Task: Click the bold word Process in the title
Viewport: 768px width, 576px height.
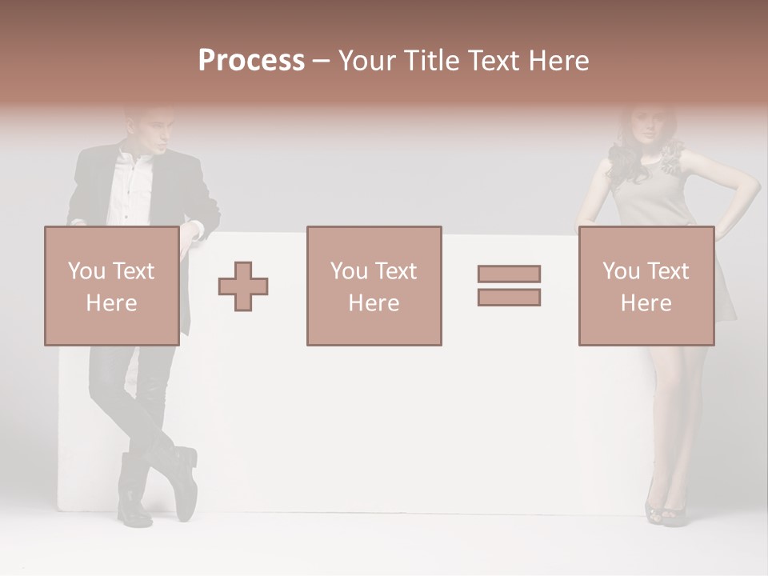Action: pyautogui.click(x=251, y=60)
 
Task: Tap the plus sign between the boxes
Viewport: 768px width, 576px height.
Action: pyautogui.click(x=243, y=286)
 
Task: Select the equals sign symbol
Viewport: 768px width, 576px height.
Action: pyautogui.click(x=509, y=286)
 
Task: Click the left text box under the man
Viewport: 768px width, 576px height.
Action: pyautogui.click(x=111, y=286)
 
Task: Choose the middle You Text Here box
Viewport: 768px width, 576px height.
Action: pyautogui.click(x=374, y=286)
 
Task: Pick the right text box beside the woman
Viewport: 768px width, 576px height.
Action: pyautogui.click(x=646, y=286)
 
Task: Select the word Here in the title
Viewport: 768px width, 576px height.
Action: pyautogui.click(x=559, y=60)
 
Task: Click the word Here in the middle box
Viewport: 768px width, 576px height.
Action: pyautogui.click(x=374, y=303)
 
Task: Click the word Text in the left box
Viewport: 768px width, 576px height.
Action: pyautogui.click(x=134, y=271)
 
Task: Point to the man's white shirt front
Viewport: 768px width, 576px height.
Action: pyautogui.click(x=128, y=192)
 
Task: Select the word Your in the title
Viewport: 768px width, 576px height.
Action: pyautogui.click(x=368, y=60)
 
